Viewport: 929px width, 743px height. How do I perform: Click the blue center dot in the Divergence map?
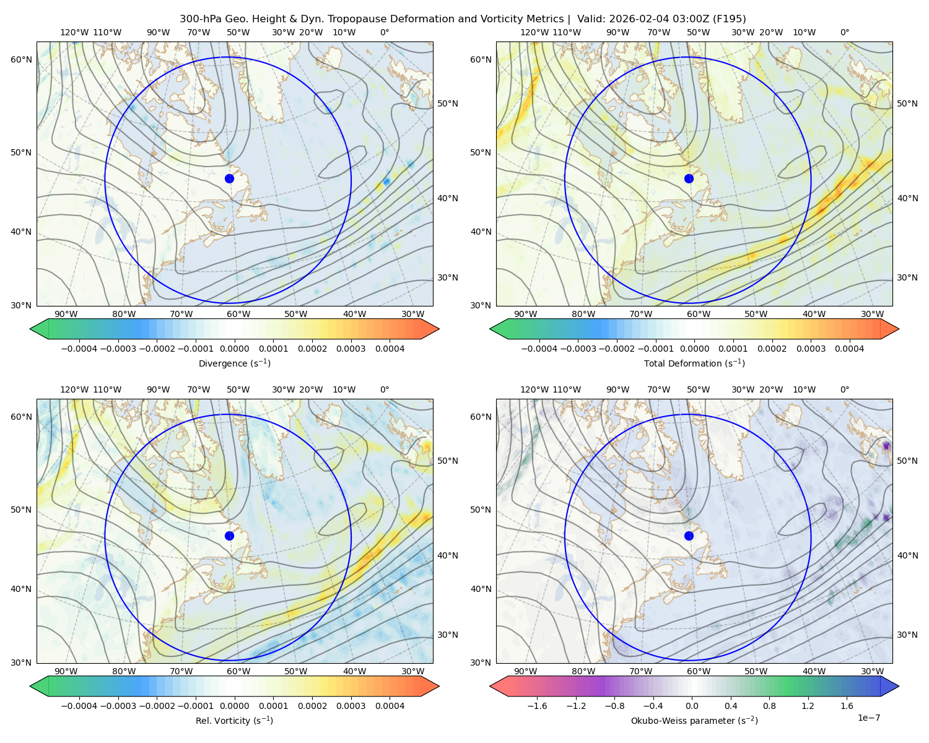[229, 178]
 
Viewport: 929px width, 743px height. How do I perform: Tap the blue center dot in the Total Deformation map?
[689, 178]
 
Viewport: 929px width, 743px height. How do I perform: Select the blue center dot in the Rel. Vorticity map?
[229, 536]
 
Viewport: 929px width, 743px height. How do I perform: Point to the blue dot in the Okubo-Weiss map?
[689, 536]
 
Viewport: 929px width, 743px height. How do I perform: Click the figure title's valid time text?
[661, 19]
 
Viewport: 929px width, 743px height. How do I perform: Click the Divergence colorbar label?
[234, 363]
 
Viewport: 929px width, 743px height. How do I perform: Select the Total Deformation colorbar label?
[694, 363]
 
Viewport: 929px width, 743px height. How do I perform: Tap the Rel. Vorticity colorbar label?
[234, 720]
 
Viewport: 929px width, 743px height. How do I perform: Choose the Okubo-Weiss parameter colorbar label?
[694, 720]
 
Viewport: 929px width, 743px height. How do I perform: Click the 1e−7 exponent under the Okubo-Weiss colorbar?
[868, 718]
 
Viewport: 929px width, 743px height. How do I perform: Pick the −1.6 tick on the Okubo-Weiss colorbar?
[538, 706]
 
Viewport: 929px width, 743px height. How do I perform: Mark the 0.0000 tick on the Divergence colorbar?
[234, 349]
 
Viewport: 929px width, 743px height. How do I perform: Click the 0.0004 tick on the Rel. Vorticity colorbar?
[390, 706]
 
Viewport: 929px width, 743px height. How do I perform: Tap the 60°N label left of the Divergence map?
[21, 59]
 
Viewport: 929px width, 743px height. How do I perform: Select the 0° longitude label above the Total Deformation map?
[844, 32]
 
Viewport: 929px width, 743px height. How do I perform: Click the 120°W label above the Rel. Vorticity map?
[74, 389]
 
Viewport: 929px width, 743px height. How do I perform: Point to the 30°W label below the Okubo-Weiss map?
[872, 671]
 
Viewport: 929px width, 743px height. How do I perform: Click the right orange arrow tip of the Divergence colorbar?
[438, 329]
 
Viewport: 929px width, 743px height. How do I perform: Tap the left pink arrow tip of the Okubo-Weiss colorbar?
[491, 686]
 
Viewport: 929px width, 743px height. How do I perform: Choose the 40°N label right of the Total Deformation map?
[907, 198]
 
